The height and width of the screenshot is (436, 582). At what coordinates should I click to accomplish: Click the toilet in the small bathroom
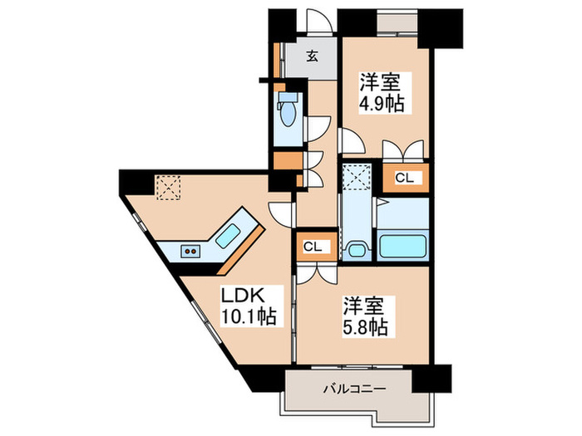click(289, 111)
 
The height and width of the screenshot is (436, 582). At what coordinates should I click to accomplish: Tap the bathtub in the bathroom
click(402, 247)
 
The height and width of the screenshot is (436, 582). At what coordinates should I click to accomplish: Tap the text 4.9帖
click(382, 104)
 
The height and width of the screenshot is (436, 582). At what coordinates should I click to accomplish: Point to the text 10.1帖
click(247, 316)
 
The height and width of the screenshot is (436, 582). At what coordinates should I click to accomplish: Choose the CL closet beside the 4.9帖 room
click(404, 177)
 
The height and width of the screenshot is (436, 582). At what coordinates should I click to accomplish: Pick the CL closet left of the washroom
click(313, 246)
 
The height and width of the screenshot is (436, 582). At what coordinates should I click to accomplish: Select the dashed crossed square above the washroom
click(358, 177)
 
